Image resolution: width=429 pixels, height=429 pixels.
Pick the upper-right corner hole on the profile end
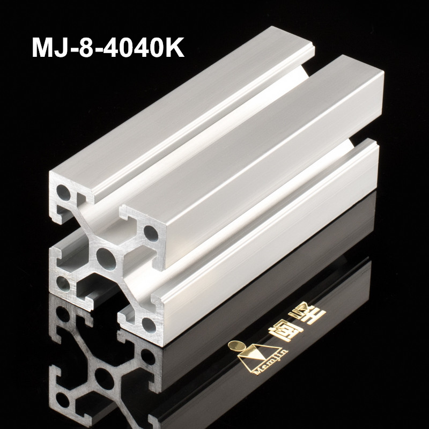click(152, 234)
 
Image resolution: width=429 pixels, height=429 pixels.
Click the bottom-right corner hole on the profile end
click(147, 323)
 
